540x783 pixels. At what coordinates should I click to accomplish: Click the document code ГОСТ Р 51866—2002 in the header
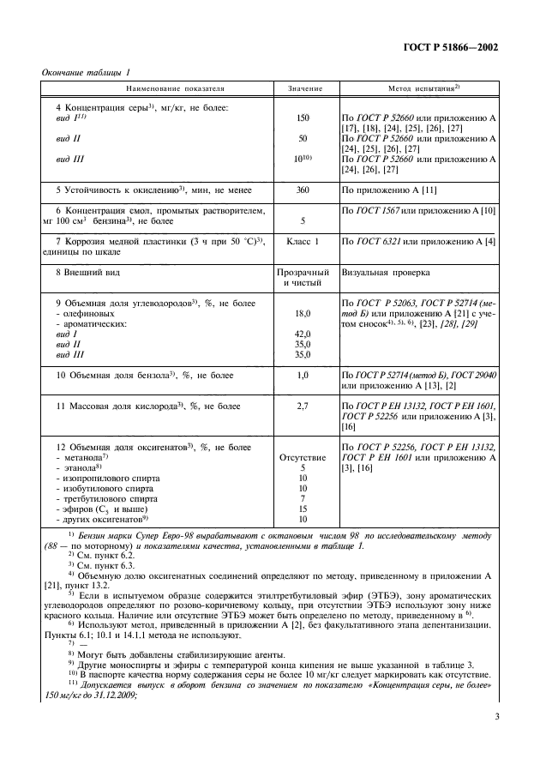(x=453, y=48)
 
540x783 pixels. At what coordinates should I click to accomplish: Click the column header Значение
(x=303, y=89)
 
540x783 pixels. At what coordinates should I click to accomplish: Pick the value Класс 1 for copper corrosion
(x=303, y=243)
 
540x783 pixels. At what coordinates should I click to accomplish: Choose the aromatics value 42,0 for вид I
(x=303, y=334)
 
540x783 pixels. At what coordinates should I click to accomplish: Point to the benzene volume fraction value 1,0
(x=303, y=376)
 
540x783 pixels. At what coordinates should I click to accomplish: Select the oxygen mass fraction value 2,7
(x=303, y=405)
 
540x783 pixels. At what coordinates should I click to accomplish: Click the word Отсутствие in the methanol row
(x=303, y=457)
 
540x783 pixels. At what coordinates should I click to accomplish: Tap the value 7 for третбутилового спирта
(x=303, y=498)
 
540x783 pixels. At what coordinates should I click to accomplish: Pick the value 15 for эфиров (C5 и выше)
(x=303, y=509)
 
